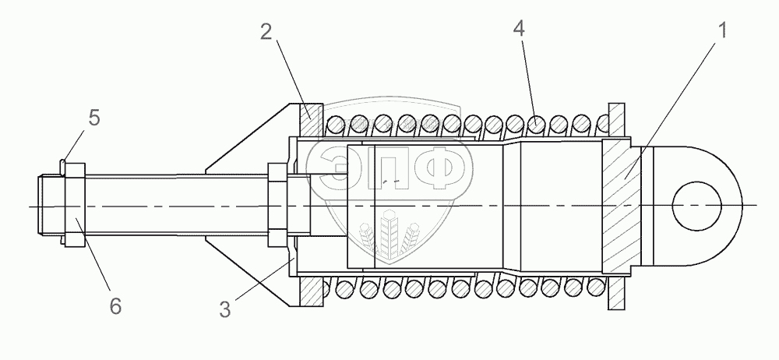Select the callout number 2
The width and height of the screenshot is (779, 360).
point(266,32)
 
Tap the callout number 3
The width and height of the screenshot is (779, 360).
point(225,309)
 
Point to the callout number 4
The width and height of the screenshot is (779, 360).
point(519,29)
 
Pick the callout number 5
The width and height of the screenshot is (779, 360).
point(94,118)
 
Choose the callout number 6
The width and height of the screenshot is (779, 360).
point(115,305)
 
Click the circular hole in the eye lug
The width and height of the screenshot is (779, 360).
point(696,206)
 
